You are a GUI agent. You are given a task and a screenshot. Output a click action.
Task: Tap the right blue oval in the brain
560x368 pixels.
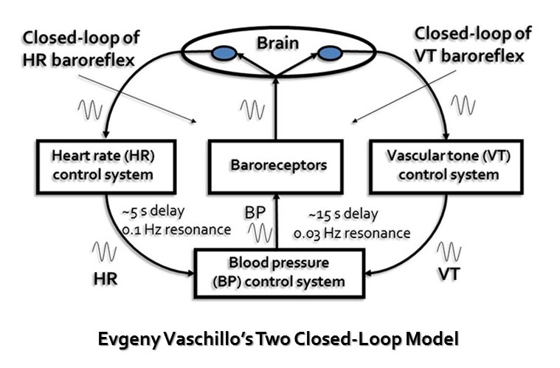pyautogui.click(x=329, y=53)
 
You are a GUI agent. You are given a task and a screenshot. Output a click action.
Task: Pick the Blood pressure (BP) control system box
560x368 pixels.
pyautogui.click(x=279, y=271)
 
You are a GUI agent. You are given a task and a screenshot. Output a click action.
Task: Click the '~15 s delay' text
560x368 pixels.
pyautogui.click(x=345, y=215)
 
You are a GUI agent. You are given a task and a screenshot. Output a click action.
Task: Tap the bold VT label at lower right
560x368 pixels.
pyautogui.click(x=449, y=273)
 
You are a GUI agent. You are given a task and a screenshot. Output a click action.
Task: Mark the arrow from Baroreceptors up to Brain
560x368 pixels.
pyautogui.click(x=276, y=111)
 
